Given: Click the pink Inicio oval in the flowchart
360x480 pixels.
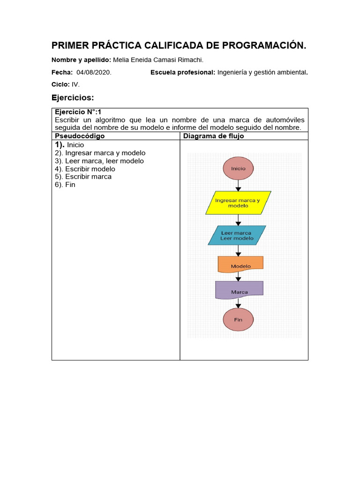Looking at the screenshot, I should coord(238,168).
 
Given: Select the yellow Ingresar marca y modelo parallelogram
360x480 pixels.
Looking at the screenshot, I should coord(238,202).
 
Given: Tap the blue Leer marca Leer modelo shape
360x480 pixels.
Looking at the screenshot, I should coord(237,235).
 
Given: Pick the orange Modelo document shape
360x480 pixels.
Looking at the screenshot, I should coord(240,265).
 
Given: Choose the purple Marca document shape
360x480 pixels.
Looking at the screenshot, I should coord(239,291).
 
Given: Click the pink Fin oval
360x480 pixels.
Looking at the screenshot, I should coord(238,320).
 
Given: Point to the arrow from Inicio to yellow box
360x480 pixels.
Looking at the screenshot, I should coord(238,186).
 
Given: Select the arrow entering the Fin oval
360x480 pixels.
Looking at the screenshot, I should coord(238,304).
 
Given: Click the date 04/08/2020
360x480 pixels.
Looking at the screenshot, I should coord(94,72).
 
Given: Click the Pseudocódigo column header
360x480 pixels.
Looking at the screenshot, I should coord(80,136).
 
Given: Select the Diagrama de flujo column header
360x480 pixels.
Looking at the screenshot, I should coord(213,136).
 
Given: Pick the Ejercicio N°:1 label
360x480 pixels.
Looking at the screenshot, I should coord(78,112).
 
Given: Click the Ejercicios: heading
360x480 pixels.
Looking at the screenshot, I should coord(73,97).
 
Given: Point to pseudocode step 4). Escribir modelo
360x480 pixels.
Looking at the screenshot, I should coord(85,169).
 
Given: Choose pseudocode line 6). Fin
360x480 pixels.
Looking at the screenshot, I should coord(65,185).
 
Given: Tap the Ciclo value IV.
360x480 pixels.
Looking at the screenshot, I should coord(75,84).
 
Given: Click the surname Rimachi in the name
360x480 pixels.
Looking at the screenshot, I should coord(190,60).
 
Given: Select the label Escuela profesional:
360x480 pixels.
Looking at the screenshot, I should coord(183,72).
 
